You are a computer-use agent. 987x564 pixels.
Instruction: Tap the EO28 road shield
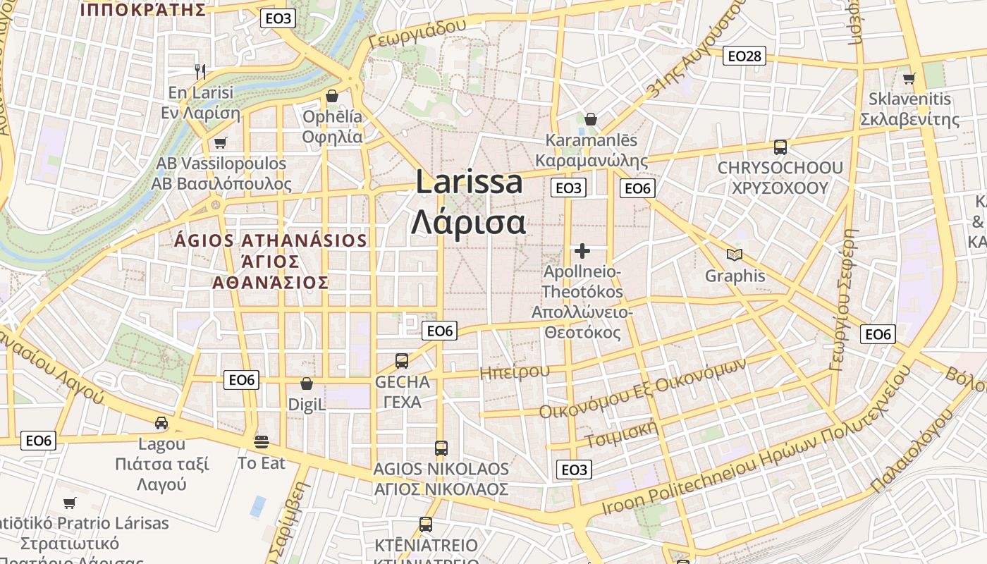pyautogui.click(x=744, y=56)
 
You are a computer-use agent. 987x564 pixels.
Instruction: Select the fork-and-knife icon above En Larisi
pyautogui.click(x=200, y=71)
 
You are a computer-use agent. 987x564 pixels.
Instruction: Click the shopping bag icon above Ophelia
pyautogui.click(x=331, y=96)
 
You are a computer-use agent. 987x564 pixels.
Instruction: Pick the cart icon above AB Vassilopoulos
pyautogui.click(x=221, y=143)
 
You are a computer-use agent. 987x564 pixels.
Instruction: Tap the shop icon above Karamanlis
pyautogui.click(x=591, y=119)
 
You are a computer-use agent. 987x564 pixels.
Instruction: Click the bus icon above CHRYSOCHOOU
pyautogui.click(x=780, y=147)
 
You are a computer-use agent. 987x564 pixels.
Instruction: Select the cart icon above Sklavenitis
pyautogui.click(x=909, y=78)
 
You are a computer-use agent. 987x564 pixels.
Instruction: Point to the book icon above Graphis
pyautogui.click(x=735, y=255)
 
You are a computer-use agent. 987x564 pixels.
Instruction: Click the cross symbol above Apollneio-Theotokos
pyautogui.click(x=582, y=250)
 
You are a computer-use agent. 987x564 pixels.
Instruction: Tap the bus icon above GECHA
pyautogui.click(x=402, y=361)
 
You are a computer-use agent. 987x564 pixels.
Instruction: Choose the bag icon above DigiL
pyautogui.click(x=307, y=384)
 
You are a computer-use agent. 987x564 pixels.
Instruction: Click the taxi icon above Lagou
pyautogui.click(x=161, y=423)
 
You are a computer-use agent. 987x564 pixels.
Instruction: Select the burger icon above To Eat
pyautogui.click(x=262, y=442)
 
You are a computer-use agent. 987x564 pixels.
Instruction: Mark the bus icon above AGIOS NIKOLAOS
pyautogui.click(x=441, y=448)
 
